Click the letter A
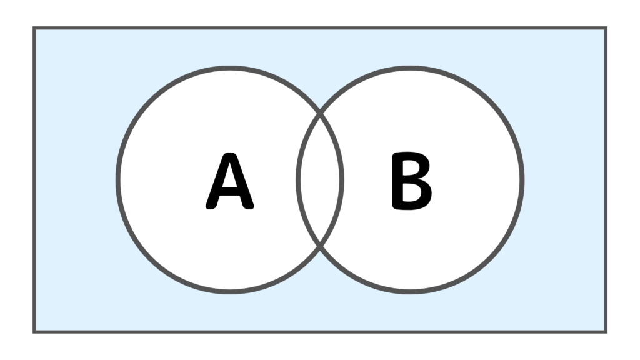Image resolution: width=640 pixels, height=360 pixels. coord(230,181)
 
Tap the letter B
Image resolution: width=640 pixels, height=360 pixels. coord(411,181)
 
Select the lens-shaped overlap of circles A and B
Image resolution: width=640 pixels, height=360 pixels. coord(320,179)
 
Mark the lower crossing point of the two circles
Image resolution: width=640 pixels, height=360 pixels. coord(320,246)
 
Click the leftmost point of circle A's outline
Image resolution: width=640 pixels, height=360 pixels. coord(118,179)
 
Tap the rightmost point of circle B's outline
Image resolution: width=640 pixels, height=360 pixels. coord(522,179)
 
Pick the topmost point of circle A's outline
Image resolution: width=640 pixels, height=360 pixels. coord(230,67)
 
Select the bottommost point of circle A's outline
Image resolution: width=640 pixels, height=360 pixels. coord(230,292)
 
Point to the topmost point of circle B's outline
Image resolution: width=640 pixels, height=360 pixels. coord(410,67)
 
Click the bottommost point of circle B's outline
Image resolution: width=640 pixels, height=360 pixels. coord(410,292)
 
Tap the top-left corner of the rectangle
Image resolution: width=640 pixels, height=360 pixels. coord(34,28)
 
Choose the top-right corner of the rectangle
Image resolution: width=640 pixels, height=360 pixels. coord(606,28)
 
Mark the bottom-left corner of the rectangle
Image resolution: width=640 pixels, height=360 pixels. coord(34,332)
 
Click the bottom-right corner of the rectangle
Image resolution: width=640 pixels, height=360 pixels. coord(606,332)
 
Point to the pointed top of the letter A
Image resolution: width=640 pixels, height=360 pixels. coord(230,154)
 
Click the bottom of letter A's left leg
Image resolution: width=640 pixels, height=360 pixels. coord(211,207)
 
